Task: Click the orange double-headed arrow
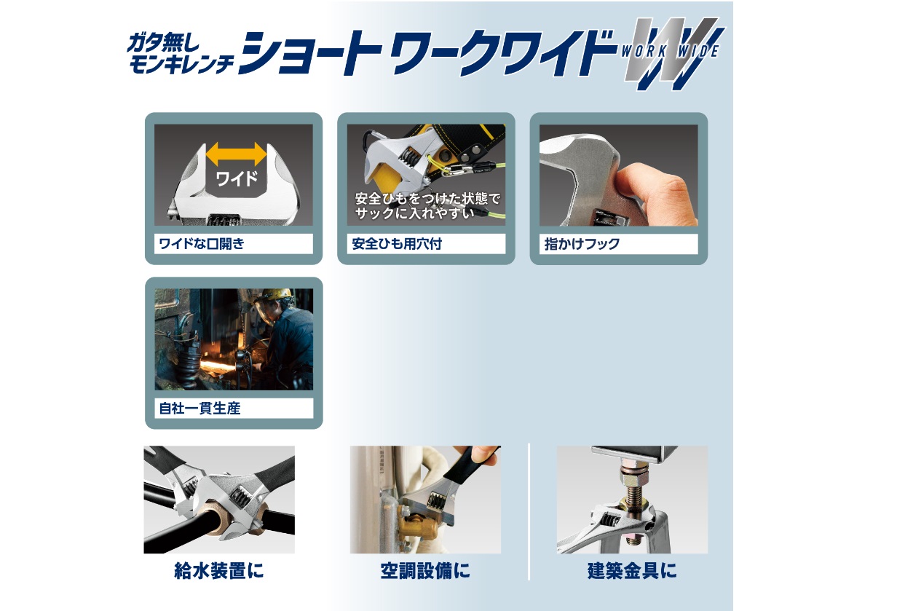(x=236, y=154)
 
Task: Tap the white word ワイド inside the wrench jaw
(x=237, y=178)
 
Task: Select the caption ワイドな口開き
(x=202, y=244)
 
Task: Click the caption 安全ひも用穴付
(x=397, y=244)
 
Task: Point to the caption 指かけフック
(x=582, y=244)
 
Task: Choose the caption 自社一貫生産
(x=200, y=408)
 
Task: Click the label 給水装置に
(x=218, y=571)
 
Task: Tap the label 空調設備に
(x=425, y=571)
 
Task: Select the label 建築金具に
(x=632, y=571)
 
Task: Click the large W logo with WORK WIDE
(x=673, y=52)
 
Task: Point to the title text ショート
(x=310, y=53)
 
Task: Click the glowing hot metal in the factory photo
(x=218, y=367)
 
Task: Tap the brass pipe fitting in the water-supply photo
(x=220, y=521)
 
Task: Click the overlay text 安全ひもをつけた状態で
(x=427, y=198)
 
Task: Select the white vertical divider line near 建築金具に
(x=529, y=511)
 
